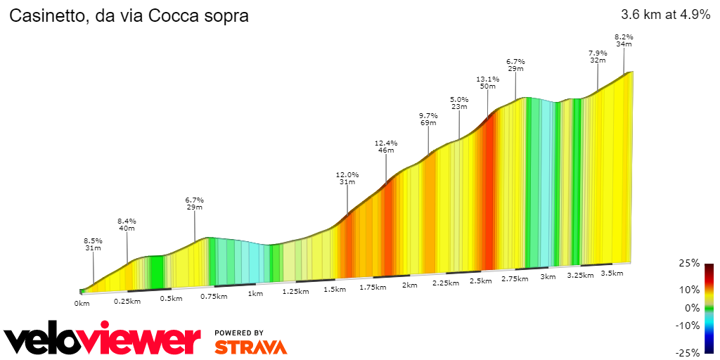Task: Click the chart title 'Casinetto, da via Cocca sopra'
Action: [x=129, y=16]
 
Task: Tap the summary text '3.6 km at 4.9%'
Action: [x=665, y=15]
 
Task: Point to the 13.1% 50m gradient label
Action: [x=487, y=83]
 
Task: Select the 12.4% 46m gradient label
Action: [x=386, y=147]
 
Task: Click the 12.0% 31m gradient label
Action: [x=347, y=179]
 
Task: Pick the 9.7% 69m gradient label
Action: [x=428, y=120]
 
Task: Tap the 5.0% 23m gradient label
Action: [x=459, y=103]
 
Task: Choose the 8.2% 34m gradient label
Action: [x=624, y=40]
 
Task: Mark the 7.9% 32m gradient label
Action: [x=598, y=57]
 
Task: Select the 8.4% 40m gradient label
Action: [x=127, y=224]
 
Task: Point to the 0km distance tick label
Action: [x=82, y=304]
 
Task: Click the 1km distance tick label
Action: [x=255, y=294]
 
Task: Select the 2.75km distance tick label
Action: [x=515, y=279]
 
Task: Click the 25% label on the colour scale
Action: [x=690, y=263]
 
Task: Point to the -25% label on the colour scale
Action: [x=689, y=352]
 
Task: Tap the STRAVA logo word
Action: [x=250, y=347]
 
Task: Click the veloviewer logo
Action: [x=103, y=340]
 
